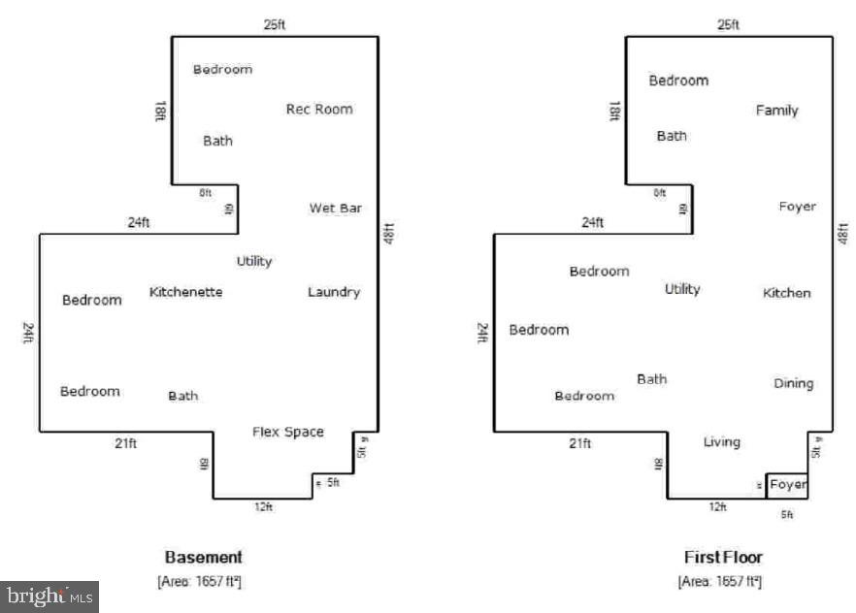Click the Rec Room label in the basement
click(319, 109)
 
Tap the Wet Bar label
click(336, 208)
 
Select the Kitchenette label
click(185, 292)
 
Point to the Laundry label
click(334, 292)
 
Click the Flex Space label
click(288, 432)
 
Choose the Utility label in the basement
click(254, 261)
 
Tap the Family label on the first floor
click(776, 111)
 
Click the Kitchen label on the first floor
click(786, 293)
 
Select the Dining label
click(793, 383)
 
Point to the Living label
click(721, 442)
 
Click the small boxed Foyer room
click(787, 484)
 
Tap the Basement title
click(203, 558)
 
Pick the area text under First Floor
click(720, 581)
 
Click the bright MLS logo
click(49, 596)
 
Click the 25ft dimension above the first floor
click(729, 24)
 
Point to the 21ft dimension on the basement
click(126, 444)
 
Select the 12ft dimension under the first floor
click(717, 507)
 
